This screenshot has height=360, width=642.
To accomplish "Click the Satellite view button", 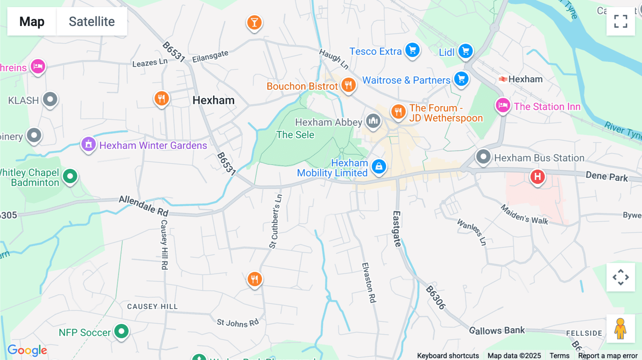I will [92, 21].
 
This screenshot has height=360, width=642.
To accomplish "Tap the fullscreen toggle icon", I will [621, 21].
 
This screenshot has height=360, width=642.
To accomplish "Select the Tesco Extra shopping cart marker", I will [413, 50].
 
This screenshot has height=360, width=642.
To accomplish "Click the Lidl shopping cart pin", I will [465, 51].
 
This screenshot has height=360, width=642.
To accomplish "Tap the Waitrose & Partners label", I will [406, 80].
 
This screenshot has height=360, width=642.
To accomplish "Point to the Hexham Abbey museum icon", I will [373, 121].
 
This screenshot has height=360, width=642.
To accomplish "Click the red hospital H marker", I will [537, 176].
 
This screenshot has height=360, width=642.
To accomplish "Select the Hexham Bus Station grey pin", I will [484, 156].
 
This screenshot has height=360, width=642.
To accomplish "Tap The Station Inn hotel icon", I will [503, 105].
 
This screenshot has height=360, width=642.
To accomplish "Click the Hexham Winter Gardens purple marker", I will [88, 144].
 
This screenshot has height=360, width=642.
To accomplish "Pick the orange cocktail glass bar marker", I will [254, 22].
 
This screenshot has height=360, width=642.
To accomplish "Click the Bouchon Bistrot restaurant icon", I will [348, 85].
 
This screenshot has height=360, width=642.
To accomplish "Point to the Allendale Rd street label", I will [143, 206].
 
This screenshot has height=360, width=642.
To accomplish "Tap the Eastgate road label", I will [397, 229].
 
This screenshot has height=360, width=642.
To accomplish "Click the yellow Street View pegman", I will [620, 328].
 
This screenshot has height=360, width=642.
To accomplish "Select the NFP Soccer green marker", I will [121, 331].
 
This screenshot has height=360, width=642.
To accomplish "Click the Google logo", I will [27, 350].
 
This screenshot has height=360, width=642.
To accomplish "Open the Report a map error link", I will [608, 356].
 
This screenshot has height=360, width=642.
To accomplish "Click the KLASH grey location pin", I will [50, 99].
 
